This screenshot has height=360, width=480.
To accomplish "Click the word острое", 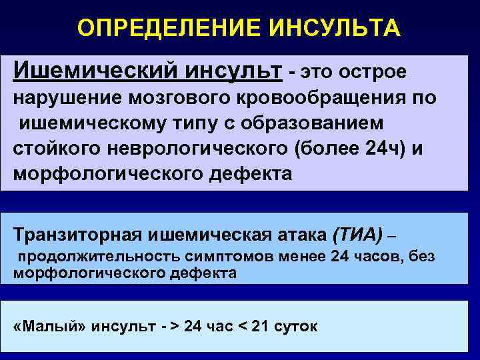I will point(372,71).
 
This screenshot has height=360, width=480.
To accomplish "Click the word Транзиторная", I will point(77,234).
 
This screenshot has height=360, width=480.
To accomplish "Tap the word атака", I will point(295,234).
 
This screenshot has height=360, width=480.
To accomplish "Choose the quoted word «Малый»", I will point(51,327).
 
